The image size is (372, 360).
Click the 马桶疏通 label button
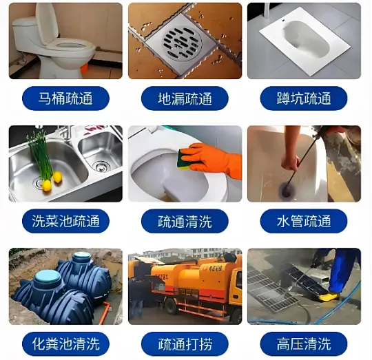tap(65, 98)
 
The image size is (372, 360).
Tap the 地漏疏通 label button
tap(185, 98)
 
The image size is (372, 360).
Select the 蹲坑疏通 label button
tap(304, 98)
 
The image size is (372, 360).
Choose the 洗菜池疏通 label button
tap(65, 221)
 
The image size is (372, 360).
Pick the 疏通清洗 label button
tap(185, 221)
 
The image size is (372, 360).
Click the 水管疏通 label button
tap(304, 221)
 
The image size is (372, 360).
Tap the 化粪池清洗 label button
tap(65, 344)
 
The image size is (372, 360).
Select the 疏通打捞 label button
tap(185, 344)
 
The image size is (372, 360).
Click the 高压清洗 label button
tap(304, 344)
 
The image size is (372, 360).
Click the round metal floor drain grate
tap(182, 43)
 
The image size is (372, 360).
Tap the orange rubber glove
tap(212, 159)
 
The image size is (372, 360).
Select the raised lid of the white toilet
tap(47, 23)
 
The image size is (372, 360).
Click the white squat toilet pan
tap(304, 41)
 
